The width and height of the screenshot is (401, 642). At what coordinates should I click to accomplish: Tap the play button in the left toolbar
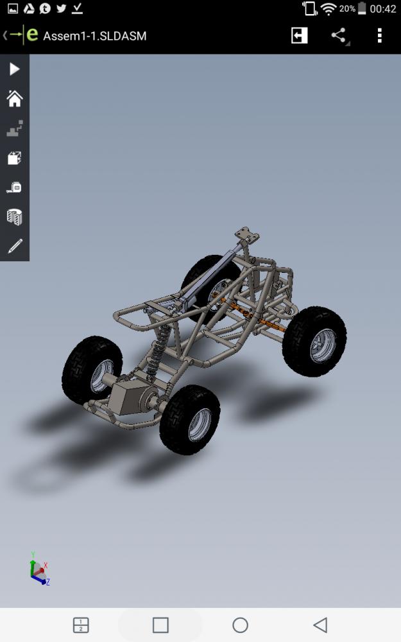[14, 69]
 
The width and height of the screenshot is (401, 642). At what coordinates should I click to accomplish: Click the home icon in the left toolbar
[15, 99]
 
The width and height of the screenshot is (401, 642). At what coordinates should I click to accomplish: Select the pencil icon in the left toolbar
[15, 246]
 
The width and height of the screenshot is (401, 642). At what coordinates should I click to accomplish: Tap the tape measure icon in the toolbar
[14, 187]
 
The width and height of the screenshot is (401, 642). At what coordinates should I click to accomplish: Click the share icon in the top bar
[339, 35]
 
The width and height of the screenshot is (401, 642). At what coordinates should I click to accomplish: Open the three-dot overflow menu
[380, 35]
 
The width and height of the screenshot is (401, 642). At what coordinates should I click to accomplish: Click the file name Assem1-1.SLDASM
[94, 36]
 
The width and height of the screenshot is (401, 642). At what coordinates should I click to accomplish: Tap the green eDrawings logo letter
[32, 35]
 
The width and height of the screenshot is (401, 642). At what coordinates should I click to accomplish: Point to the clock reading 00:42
[382, 8]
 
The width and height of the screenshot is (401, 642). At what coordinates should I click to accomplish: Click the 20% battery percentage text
[347, 8]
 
